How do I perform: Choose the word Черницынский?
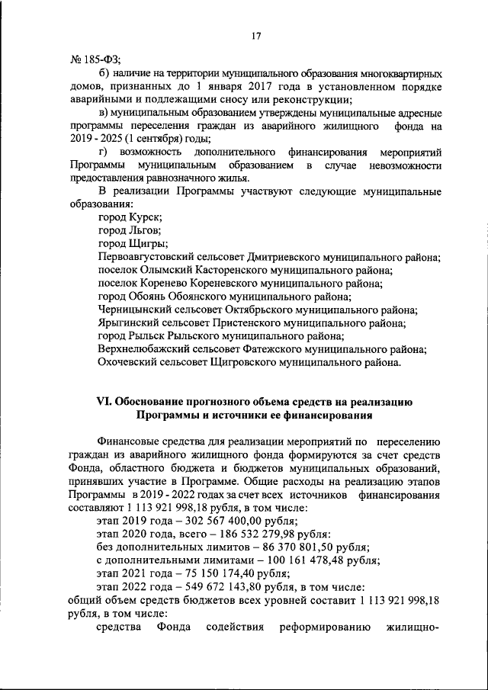(x=140, y=309)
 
